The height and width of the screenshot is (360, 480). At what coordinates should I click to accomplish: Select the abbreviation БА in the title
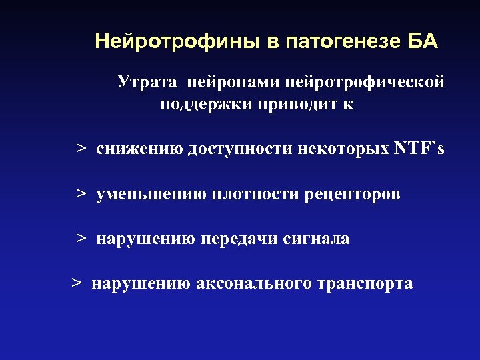(x=421, y=42)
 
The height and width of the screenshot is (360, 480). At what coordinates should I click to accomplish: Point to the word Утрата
(x=148, y=82)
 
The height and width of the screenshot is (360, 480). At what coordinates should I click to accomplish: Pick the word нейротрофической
(x=365, y=83)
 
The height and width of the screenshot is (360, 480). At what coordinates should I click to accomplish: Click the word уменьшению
(x=152, y=194)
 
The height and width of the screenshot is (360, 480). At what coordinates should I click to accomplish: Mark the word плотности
(x=255, y=194)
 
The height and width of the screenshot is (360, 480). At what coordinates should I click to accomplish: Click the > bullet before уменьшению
(x=81, y=194)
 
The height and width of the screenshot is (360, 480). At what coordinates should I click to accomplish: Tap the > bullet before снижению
(x=81, y=148)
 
